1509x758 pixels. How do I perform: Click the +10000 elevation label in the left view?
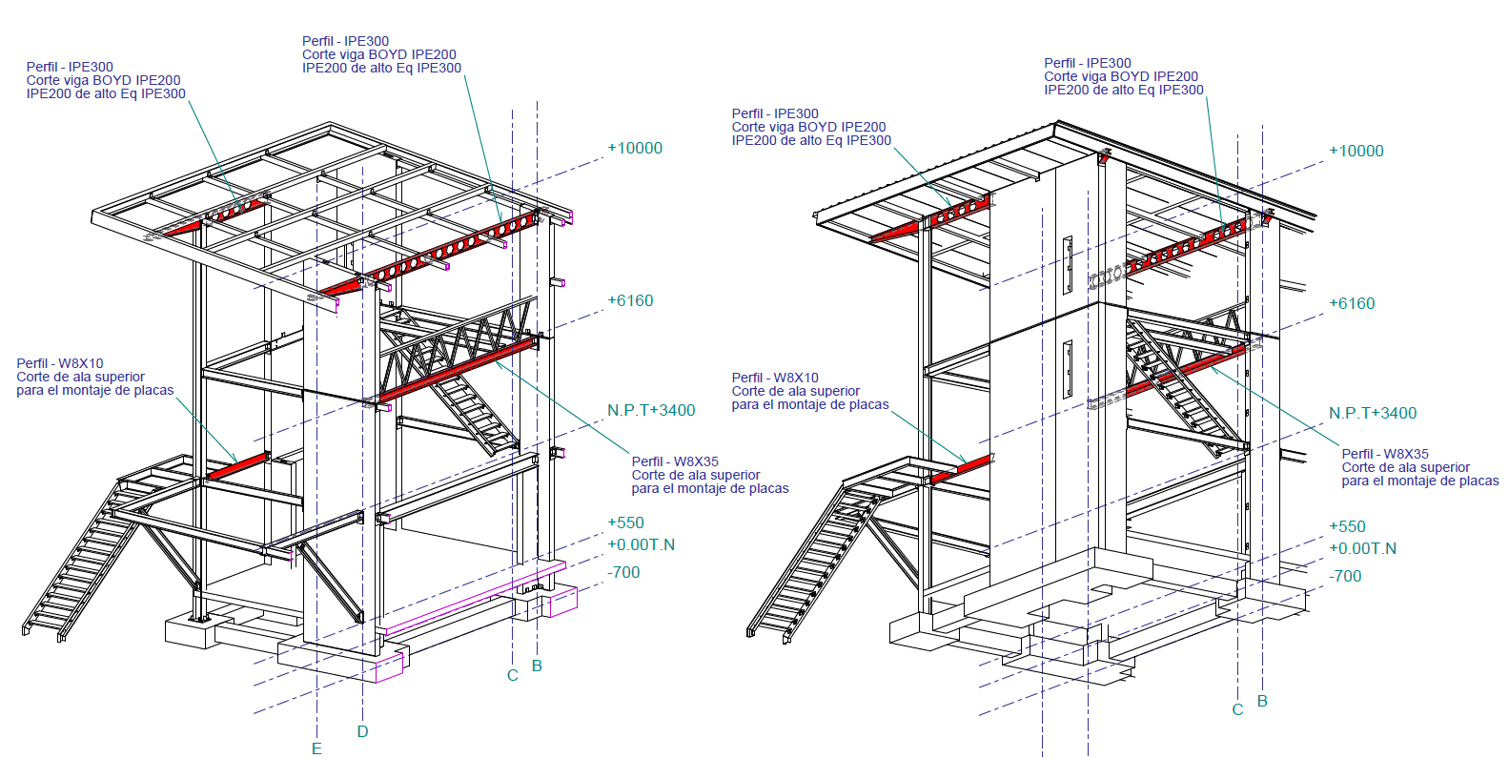(635, 148)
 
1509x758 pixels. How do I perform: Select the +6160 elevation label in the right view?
(1352, 304)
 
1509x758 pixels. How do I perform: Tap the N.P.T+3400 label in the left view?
(651, 410)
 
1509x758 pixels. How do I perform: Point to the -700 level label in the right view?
(1345, 577)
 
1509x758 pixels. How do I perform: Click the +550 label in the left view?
(625, 522)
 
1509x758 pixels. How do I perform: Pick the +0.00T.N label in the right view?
(1362, 549)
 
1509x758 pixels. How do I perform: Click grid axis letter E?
(316, 748)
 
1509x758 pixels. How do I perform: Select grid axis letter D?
(362, 731)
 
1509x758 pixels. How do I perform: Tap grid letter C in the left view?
(513, 676)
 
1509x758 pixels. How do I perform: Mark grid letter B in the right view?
(1262, 702)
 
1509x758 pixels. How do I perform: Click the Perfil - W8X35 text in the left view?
(675, 461)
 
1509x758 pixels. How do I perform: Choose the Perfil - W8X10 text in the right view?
(775, 378)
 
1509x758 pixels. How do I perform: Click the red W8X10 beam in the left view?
(237, 465)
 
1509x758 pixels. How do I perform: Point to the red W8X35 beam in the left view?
(459, 373)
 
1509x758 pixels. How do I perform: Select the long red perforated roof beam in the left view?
(430, 254)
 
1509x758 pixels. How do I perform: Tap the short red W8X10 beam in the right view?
(959, 470)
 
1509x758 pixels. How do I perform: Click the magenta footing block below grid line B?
(562, 601)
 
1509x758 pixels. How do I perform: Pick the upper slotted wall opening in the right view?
(1067, 265)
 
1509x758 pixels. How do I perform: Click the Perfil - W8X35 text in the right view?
(1385, 454)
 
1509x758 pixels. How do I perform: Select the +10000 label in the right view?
(1356, 151)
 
